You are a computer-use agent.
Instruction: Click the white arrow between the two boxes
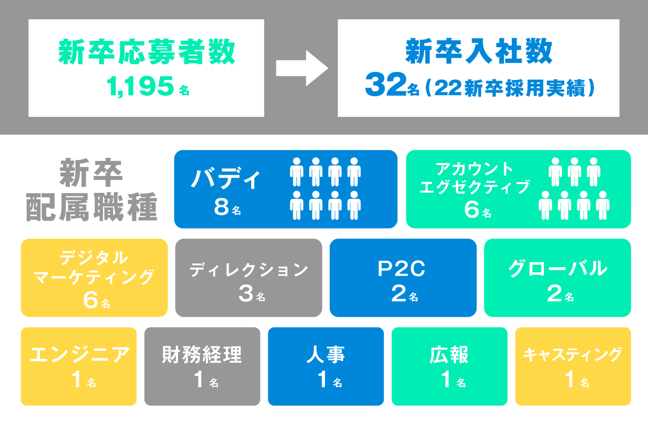tap(302, 68)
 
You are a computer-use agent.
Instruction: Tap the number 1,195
tap(140, 86)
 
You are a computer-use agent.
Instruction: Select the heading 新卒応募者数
tap(147, 52)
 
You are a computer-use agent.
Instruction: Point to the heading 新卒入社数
tap(478, 51)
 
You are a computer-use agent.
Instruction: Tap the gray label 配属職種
tap(91, 207)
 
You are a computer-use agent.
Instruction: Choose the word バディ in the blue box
tap(226, 179)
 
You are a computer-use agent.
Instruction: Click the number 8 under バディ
tap(221, 207)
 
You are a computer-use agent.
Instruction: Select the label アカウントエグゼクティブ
tap(475, 178)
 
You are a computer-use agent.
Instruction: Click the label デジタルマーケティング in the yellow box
tap(94, 267)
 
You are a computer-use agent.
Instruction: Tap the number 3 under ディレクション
tap(246, 293)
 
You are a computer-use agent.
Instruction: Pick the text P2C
tap(401, 269)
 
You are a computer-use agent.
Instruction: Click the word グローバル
tap(558, 269)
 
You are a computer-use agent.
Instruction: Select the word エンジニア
tap(79, 354)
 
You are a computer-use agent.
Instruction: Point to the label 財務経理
tap(202, 354)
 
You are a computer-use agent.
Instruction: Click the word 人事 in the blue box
tap(325, 354)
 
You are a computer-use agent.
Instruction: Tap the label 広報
tap(449, 354)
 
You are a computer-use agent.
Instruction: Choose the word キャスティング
tap(572, 354)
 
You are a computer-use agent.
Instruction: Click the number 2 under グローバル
tap(554, 294)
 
